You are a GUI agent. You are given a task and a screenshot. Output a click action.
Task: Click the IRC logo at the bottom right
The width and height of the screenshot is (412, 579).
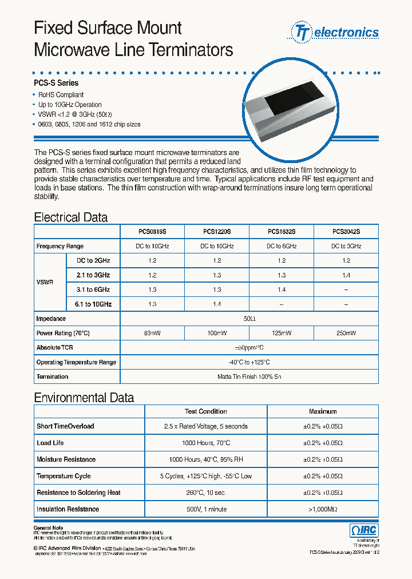[x=363, y=531]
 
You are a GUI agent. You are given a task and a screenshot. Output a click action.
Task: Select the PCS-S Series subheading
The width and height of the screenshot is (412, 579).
[x=56, y=84]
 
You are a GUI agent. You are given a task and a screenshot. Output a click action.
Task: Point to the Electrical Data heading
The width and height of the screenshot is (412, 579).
[x=70, y=217]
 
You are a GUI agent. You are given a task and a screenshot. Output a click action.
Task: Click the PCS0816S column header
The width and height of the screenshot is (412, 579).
[x=152, y=232]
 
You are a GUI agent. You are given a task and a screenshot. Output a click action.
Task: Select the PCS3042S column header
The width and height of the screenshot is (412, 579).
[x=346, y=232]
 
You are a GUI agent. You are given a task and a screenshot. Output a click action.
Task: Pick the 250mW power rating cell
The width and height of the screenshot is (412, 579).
[x=346, y=333]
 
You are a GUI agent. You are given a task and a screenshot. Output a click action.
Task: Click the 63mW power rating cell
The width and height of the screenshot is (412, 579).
[x=152, y=333]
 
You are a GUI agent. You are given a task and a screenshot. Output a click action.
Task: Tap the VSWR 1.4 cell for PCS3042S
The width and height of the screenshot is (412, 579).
[x=346, y=275]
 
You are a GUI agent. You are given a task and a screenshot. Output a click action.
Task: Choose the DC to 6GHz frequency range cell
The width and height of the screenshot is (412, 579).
[x=282, y=246]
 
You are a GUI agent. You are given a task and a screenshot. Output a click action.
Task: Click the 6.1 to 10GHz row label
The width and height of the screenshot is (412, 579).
[x=93, y=304]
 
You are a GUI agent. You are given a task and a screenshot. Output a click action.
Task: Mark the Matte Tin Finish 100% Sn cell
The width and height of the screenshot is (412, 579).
[x=249, y=376]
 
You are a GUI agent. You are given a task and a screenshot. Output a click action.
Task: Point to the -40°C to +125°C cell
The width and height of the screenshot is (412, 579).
[x=249, y=362]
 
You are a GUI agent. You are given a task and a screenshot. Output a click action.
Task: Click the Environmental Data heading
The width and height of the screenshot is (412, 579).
[x=84, y=398]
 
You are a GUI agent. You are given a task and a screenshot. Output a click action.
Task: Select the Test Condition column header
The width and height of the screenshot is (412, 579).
[x=205, y=411]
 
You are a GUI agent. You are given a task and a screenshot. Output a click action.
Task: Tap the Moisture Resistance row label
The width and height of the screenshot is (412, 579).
[x=66, y=459]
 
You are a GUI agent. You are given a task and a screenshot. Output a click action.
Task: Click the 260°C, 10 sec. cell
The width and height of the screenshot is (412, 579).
[x=205, y=493]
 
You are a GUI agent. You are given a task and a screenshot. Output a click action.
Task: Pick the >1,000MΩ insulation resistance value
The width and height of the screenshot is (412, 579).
[x=323, y=509]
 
